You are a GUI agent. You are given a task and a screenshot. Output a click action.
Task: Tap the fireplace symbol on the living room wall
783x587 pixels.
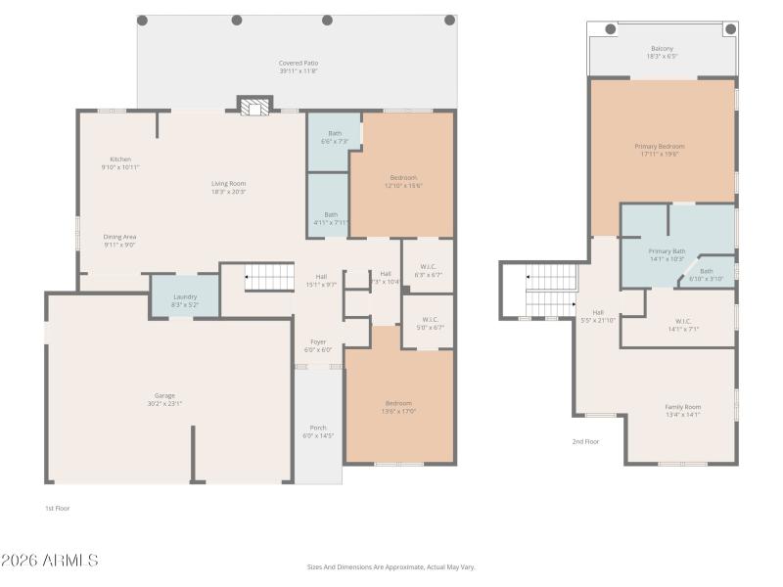coord(253,108)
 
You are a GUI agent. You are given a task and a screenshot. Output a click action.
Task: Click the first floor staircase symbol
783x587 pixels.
coord(269,277)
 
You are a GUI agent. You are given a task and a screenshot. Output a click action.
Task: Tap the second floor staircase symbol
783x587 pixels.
coord(549,291)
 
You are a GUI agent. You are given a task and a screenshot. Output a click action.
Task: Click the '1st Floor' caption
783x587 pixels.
coord(58,508)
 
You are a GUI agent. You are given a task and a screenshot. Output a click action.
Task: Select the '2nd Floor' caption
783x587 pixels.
coord(584,441)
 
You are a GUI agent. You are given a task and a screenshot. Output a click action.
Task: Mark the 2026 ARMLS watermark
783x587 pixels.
coord(49,561)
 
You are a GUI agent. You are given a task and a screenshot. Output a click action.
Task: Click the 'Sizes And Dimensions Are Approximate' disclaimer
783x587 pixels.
coord(391,566)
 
